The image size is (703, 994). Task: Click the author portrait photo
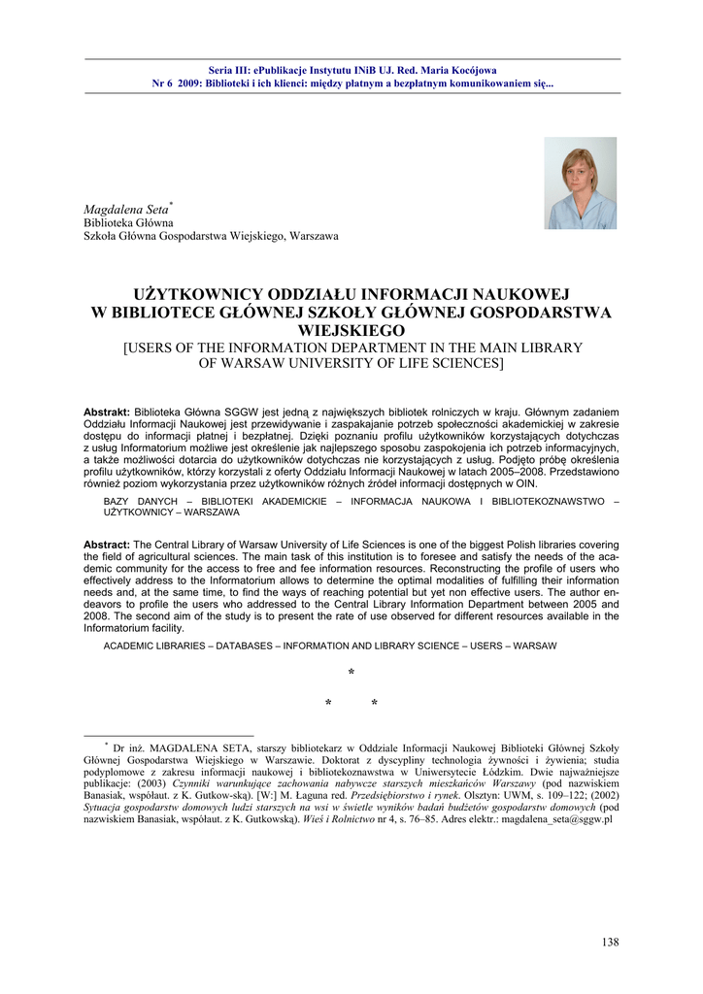580,182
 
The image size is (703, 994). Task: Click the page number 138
610,942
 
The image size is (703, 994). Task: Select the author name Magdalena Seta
125,209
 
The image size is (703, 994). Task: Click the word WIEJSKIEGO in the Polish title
351,331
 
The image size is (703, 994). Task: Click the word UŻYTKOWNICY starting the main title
194,294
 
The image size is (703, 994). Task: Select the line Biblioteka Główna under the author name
128,222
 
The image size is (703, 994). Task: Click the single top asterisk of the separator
351,674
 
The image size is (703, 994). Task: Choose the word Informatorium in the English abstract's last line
116,627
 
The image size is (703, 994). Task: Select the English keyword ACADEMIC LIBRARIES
154,646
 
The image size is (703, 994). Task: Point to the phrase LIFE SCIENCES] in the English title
455,363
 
